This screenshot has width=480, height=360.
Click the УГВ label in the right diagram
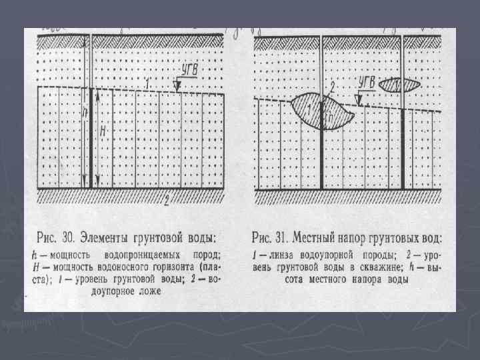tap(367, 83)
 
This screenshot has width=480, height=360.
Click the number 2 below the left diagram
tap(165, 202)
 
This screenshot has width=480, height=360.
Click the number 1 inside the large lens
tap(309, 107)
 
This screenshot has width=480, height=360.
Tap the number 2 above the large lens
tap(331, 87)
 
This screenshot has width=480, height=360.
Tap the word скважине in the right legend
tap(372, 267)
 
